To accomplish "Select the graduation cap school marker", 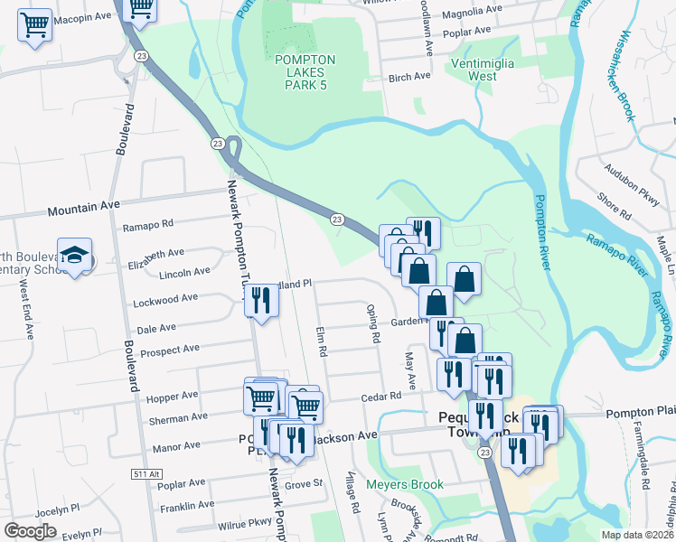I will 75,255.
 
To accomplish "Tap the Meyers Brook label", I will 405,485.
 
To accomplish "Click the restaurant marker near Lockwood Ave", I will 261,301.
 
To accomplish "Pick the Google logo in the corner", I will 30,531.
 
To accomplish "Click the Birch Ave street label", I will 408,77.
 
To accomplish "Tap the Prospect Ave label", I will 166,349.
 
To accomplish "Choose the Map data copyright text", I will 638,535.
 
